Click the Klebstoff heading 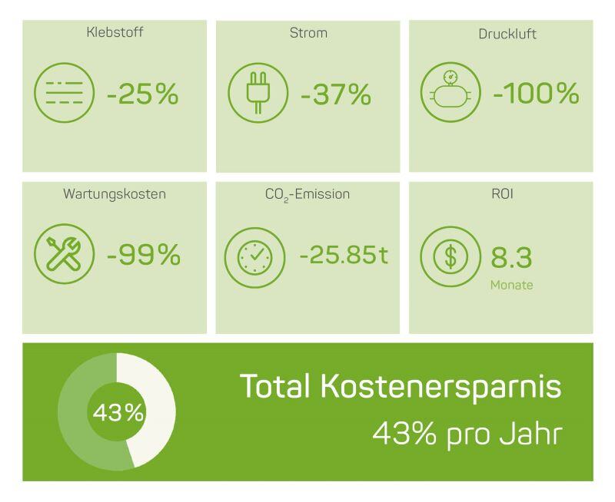[x=115, y=33]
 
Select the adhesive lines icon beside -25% [x=64, y=94]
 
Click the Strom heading [x=308, y=33]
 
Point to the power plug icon [x=257, y=94]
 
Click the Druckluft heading [x=501, y=34]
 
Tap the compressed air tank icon [x=450, y=94]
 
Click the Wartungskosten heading [x=115, y=194]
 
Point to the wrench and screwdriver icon [x=64, y=256]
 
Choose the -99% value [x=143, y=255]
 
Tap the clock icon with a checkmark [x=254, y=256]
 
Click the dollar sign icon [x=450, y=256]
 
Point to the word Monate [x=511, y=286]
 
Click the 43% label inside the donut [x=118, y=412]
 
